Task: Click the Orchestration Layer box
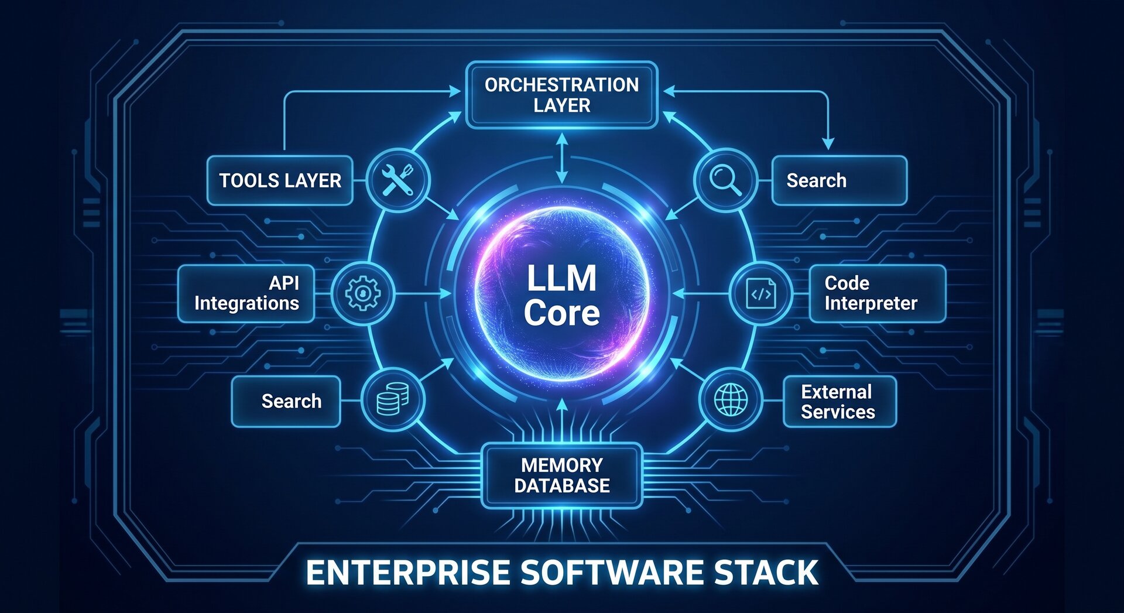(562, 95)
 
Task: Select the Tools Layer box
(280, 180)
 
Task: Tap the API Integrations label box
(246, 293)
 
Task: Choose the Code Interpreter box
(878, 293)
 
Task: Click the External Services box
(840, 402)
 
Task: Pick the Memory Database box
(562, 475)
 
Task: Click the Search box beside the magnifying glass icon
(839, 180)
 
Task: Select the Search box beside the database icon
(286, 402)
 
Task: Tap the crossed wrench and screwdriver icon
(398, 180)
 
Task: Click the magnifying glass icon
(725, 180)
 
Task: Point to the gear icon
(363, 293)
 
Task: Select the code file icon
(761, 293)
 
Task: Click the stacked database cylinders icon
(392, 399)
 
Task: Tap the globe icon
(731, 400)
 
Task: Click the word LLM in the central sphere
(562, 278)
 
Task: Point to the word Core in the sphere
(562, 313)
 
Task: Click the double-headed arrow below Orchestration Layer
(562, 158)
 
